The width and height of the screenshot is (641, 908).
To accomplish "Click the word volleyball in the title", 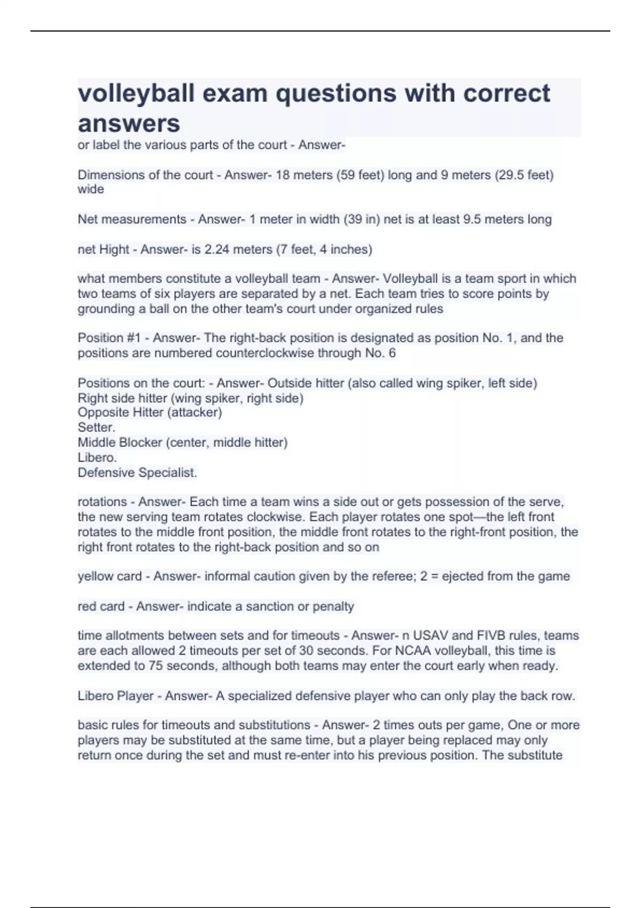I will coord(136,93).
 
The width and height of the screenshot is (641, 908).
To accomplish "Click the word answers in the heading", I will coord(129,123).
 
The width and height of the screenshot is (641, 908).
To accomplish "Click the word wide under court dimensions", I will coord(91,190).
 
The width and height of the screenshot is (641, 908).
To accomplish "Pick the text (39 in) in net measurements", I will coord(362,220).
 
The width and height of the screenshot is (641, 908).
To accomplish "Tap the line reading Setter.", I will coord(96,427).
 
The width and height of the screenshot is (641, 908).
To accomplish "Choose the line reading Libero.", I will coord(97,458).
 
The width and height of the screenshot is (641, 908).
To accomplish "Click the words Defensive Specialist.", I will coord(137,473).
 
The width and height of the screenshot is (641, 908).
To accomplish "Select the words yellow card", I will coord(110,576).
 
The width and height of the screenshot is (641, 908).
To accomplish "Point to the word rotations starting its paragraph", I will coord(102,502).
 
